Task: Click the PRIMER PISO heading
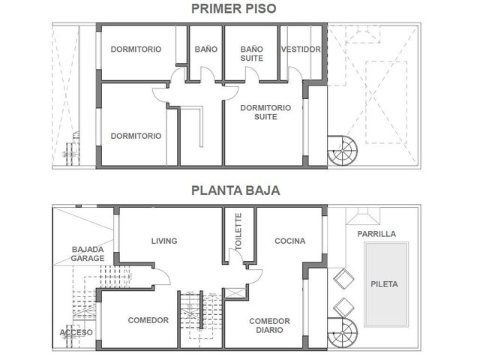[233, 8]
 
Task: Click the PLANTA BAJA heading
[235, 190]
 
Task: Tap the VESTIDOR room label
[301, 49]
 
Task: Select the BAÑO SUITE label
[252, 53]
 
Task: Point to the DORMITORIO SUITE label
[265, 112]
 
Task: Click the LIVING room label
[164, 241]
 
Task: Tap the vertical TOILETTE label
[238, 232]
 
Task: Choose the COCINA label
[290, 241]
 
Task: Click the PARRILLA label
[376, 234]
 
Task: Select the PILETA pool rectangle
[386, 284]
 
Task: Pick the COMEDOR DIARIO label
[269, 325]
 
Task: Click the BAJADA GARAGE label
[88, 253]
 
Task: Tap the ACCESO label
[76, 332]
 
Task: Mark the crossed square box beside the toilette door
[235, 293]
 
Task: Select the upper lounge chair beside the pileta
[343, 279]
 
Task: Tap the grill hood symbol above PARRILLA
[363, 216]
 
